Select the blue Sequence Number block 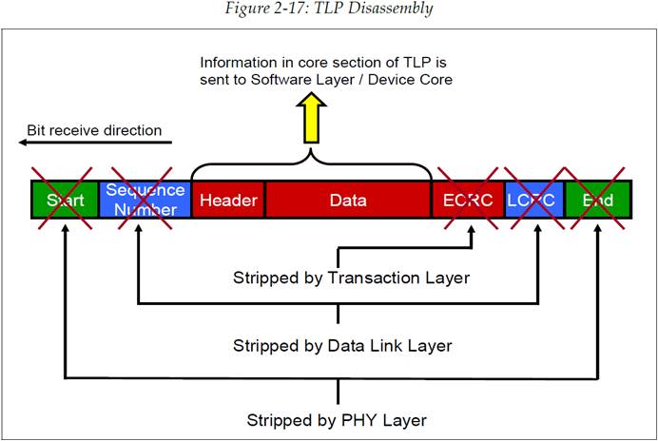(x=145, y=201)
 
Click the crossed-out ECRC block (x=466, y=201)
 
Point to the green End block (x=597, y=201)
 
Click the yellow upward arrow (x=310, y=121)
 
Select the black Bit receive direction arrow (x=94, y=144)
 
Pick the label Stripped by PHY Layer (x=337, y=419)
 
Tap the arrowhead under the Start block (x=64, y=225)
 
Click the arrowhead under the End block (x=598, y=225)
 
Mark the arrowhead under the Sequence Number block (x=138, y=225)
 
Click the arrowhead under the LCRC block (x=538, y=225)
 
